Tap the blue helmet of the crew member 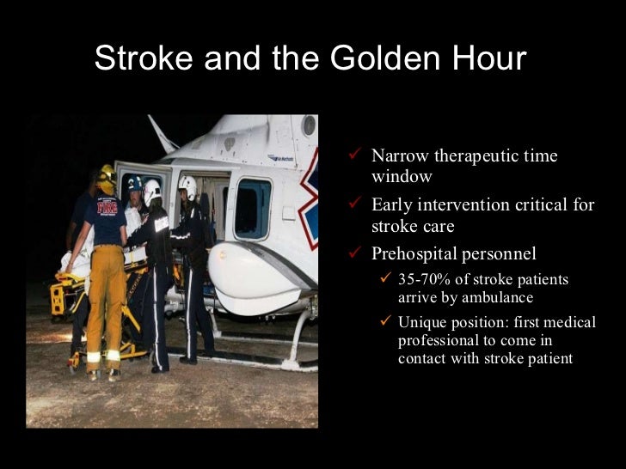(x=134, y=183)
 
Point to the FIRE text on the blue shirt (x=107, y=207)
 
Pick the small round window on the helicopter (x=308, y=126)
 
